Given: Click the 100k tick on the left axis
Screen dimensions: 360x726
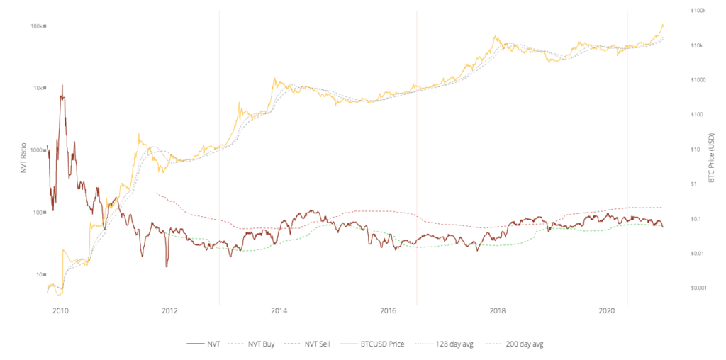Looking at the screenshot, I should tap(37, 26).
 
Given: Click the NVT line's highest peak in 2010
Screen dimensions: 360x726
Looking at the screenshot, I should tap(62, 86).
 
